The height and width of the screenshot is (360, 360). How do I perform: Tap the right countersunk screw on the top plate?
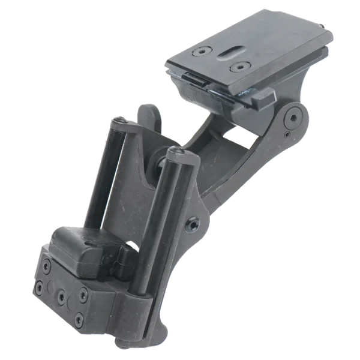coord(241,66)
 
